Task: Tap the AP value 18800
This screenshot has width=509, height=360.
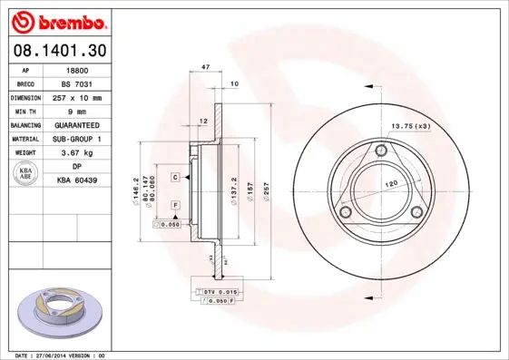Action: point(81,69)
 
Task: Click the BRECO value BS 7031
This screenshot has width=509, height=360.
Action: point(81,83)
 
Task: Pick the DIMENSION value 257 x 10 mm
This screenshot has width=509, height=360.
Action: point(81,97)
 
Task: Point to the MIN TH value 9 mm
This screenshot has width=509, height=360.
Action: point(81,111)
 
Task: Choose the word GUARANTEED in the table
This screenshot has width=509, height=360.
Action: point(81,125)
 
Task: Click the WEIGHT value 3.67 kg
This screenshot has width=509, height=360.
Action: point(81,153)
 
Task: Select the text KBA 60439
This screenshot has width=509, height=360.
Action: point(81,181)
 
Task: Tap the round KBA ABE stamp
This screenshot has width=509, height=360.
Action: point(24,174)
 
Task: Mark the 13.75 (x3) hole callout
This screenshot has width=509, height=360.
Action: point(409,126)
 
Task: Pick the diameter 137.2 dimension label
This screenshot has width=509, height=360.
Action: point(233,191)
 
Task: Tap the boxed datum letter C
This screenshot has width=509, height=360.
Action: point(174,178)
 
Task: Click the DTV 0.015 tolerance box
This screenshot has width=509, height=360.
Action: point(220,289)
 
